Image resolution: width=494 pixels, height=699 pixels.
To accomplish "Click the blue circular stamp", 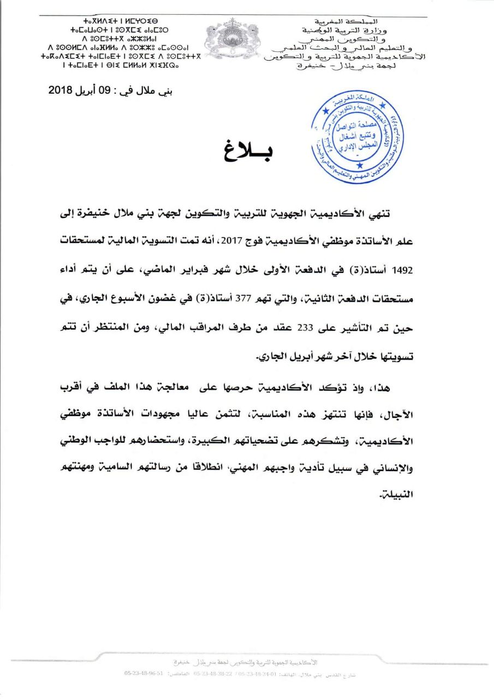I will click(x=358, y=134).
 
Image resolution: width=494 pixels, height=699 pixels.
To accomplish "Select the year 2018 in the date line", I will click(x=61, y=90).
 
